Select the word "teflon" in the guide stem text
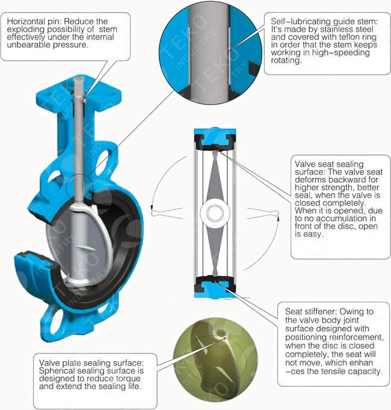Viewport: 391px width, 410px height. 340,37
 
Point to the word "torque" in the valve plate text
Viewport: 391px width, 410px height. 128,378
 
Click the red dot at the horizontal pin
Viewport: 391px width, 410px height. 84,100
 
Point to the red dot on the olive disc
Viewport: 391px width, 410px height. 224,338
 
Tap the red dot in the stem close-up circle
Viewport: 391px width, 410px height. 227,52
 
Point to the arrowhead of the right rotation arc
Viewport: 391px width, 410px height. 278,218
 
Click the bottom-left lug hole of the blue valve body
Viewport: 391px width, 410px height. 57,323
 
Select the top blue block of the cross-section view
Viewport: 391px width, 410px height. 215,136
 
